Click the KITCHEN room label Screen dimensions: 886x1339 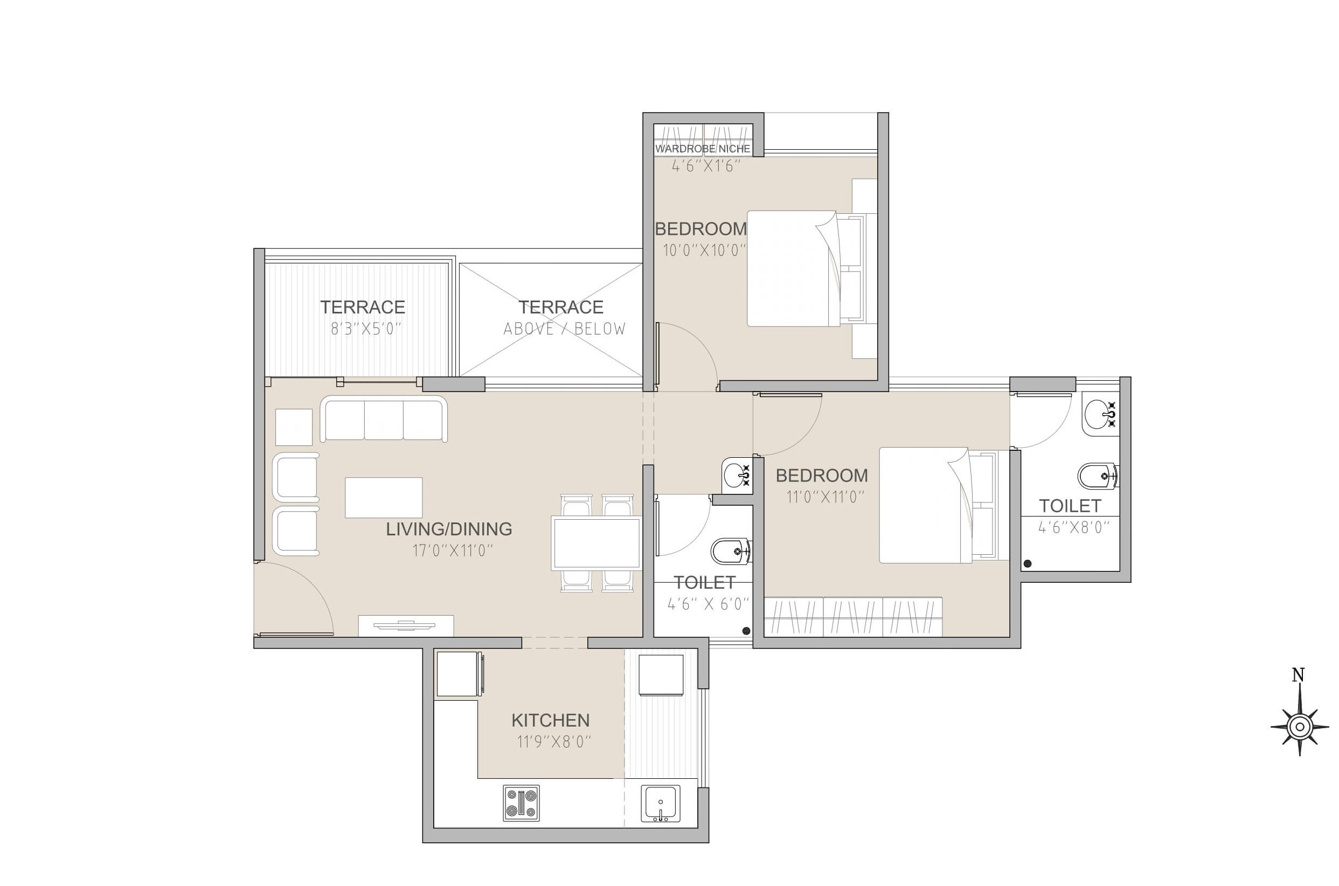tap(550, 720)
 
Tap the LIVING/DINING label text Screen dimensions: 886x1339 tap(449, 529)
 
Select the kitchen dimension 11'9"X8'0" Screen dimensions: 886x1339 tap(554, 741)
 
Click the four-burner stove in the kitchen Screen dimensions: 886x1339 tap(521, 803)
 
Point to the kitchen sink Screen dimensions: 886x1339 tap(660, 804)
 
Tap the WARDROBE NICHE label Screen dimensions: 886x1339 tap(703, 149)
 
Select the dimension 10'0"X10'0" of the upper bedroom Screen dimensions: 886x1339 tap(704, 250)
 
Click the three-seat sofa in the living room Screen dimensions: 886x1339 tap(384, 418)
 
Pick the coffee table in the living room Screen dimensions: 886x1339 tap(383, 497)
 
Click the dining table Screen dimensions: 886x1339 tap(596, 543)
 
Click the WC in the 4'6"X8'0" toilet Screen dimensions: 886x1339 tap(1098, 476)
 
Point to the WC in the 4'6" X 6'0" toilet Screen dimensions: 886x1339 tap(730, 551)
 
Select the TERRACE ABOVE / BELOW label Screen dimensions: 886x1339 tap(562, 317)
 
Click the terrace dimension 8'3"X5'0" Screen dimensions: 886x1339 tap(366, 329)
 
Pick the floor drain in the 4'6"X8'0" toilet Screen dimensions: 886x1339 tap(1027, 563)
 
